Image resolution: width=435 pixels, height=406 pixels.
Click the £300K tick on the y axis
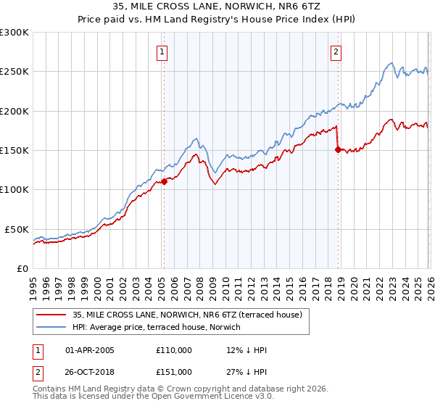pyautogui.click(x=14, y=33)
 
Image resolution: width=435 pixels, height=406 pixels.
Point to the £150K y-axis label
pyautogui.click(x=14, y=150)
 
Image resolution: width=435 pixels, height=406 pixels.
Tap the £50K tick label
pyautogui.click(x=17, y=229)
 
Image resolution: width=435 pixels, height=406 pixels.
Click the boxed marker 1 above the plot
pyautogui.click(x=161, y=51)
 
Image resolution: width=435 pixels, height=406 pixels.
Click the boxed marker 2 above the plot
pyautogui.click(x=337, y=51)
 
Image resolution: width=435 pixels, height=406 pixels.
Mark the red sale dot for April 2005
pyautogui.click(x=164, y=182)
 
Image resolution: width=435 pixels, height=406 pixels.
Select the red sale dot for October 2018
pyautogui.click(x=338, y=150)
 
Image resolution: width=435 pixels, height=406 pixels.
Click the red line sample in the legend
pyautogui.click(x=51, y=315)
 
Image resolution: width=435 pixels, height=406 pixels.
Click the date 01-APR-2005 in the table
pyautogui.click(x=90, y=350)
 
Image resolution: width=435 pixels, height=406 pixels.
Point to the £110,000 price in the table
pyautogui.click(x=173, y=350)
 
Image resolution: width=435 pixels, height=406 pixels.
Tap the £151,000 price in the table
pyautogui.click(x=173, y=371)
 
